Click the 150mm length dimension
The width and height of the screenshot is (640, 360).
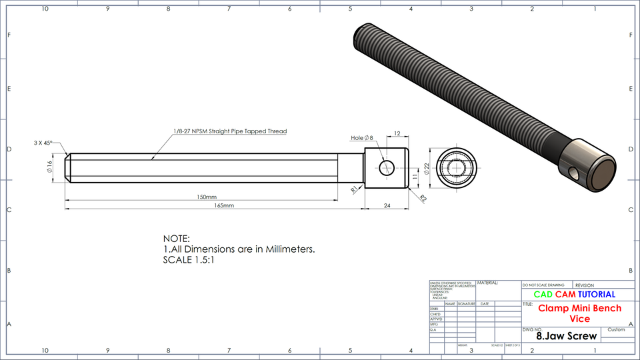click(x=207, y=197)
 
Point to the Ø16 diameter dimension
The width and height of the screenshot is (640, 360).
click(x=49, y=167)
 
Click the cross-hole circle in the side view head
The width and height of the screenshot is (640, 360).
click(x=386, y=167)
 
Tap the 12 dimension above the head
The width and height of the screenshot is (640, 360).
click(x=397, y=133)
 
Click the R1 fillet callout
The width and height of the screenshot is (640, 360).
click(x=354, y=189)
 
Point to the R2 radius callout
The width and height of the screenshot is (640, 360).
click(x=423, y=198)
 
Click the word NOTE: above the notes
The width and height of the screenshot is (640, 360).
click(x=177, y=239)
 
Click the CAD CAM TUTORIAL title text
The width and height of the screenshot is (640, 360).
click(x=574, y=294)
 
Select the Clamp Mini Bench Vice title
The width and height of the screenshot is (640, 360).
click(x=579, y=313)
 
